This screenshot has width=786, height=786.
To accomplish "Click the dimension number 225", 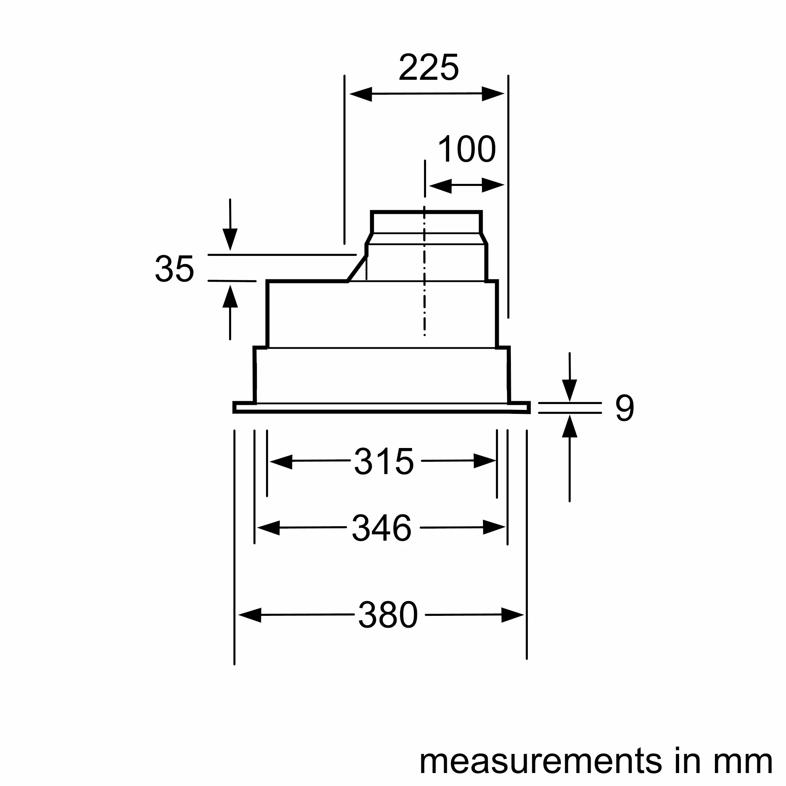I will pos(428,68).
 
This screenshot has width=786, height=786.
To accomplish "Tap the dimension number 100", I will pos(466,149).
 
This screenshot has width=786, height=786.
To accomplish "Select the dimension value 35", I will pos(174,269).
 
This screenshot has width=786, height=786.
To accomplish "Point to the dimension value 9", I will pos(624,408).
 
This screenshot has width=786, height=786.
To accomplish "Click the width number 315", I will pos(384,461).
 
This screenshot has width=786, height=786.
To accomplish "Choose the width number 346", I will pos(381,528).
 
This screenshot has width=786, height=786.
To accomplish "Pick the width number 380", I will pos(388,615).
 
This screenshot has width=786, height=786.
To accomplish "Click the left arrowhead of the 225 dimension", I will pos(360,94).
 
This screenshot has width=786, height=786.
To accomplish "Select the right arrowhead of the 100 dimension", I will pos(493,185).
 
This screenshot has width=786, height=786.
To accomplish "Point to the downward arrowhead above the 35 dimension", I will pos(230,239).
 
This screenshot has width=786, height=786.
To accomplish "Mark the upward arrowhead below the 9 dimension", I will pos(569,426).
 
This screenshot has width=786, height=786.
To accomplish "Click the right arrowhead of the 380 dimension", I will pos(512,615).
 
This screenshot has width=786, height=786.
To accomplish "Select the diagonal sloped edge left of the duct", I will pos(357,268).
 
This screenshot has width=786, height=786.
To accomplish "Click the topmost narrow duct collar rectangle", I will pos(426,222).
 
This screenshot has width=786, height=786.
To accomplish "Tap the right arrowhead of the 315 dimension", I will pos(485,461).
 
